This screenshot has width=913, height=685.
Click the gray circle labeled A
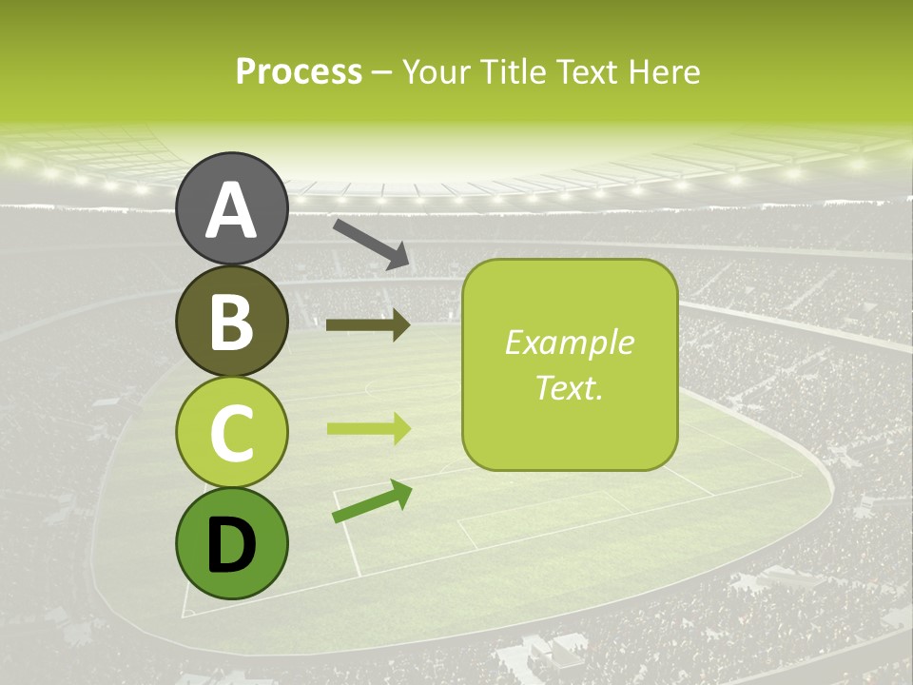pos(231,208)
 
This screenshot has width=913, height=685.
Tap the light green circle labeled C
pos(231,433)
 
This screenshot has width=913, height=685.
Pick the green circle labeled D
pos(231,544)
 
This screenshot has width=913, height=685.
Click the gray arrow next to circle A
pos(371,243)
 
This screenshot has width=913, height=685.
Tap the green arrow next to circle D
pos(372,502)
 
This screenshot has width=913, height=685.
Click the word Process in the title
pos(299,72)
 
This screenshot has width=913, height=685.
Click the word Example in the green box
pos(569,342)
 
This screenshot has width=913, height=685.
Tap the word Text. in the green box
pos(569,387)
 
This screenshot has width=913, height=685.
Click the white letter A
pos(231,210)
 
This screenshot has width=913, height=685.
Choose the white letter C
pos(231,434)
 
